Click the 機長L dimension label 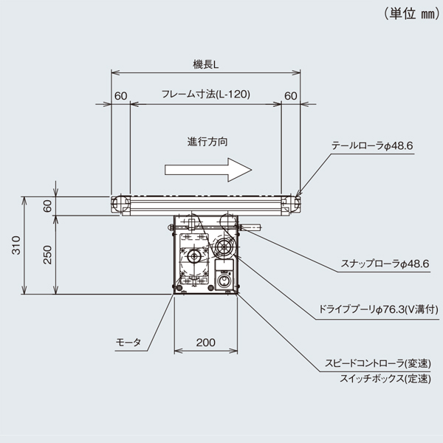[205, 65]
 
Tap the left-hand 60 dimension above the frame [120, 95]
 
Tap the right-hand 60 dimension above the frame [290, 95]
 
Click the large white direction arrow [209, 169]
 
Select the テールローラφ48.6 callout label [372, 147]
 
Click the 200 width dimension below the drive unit [206, 342]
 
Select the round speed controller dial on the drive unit [224, 281]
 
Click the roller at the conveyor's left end [116, 202]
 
